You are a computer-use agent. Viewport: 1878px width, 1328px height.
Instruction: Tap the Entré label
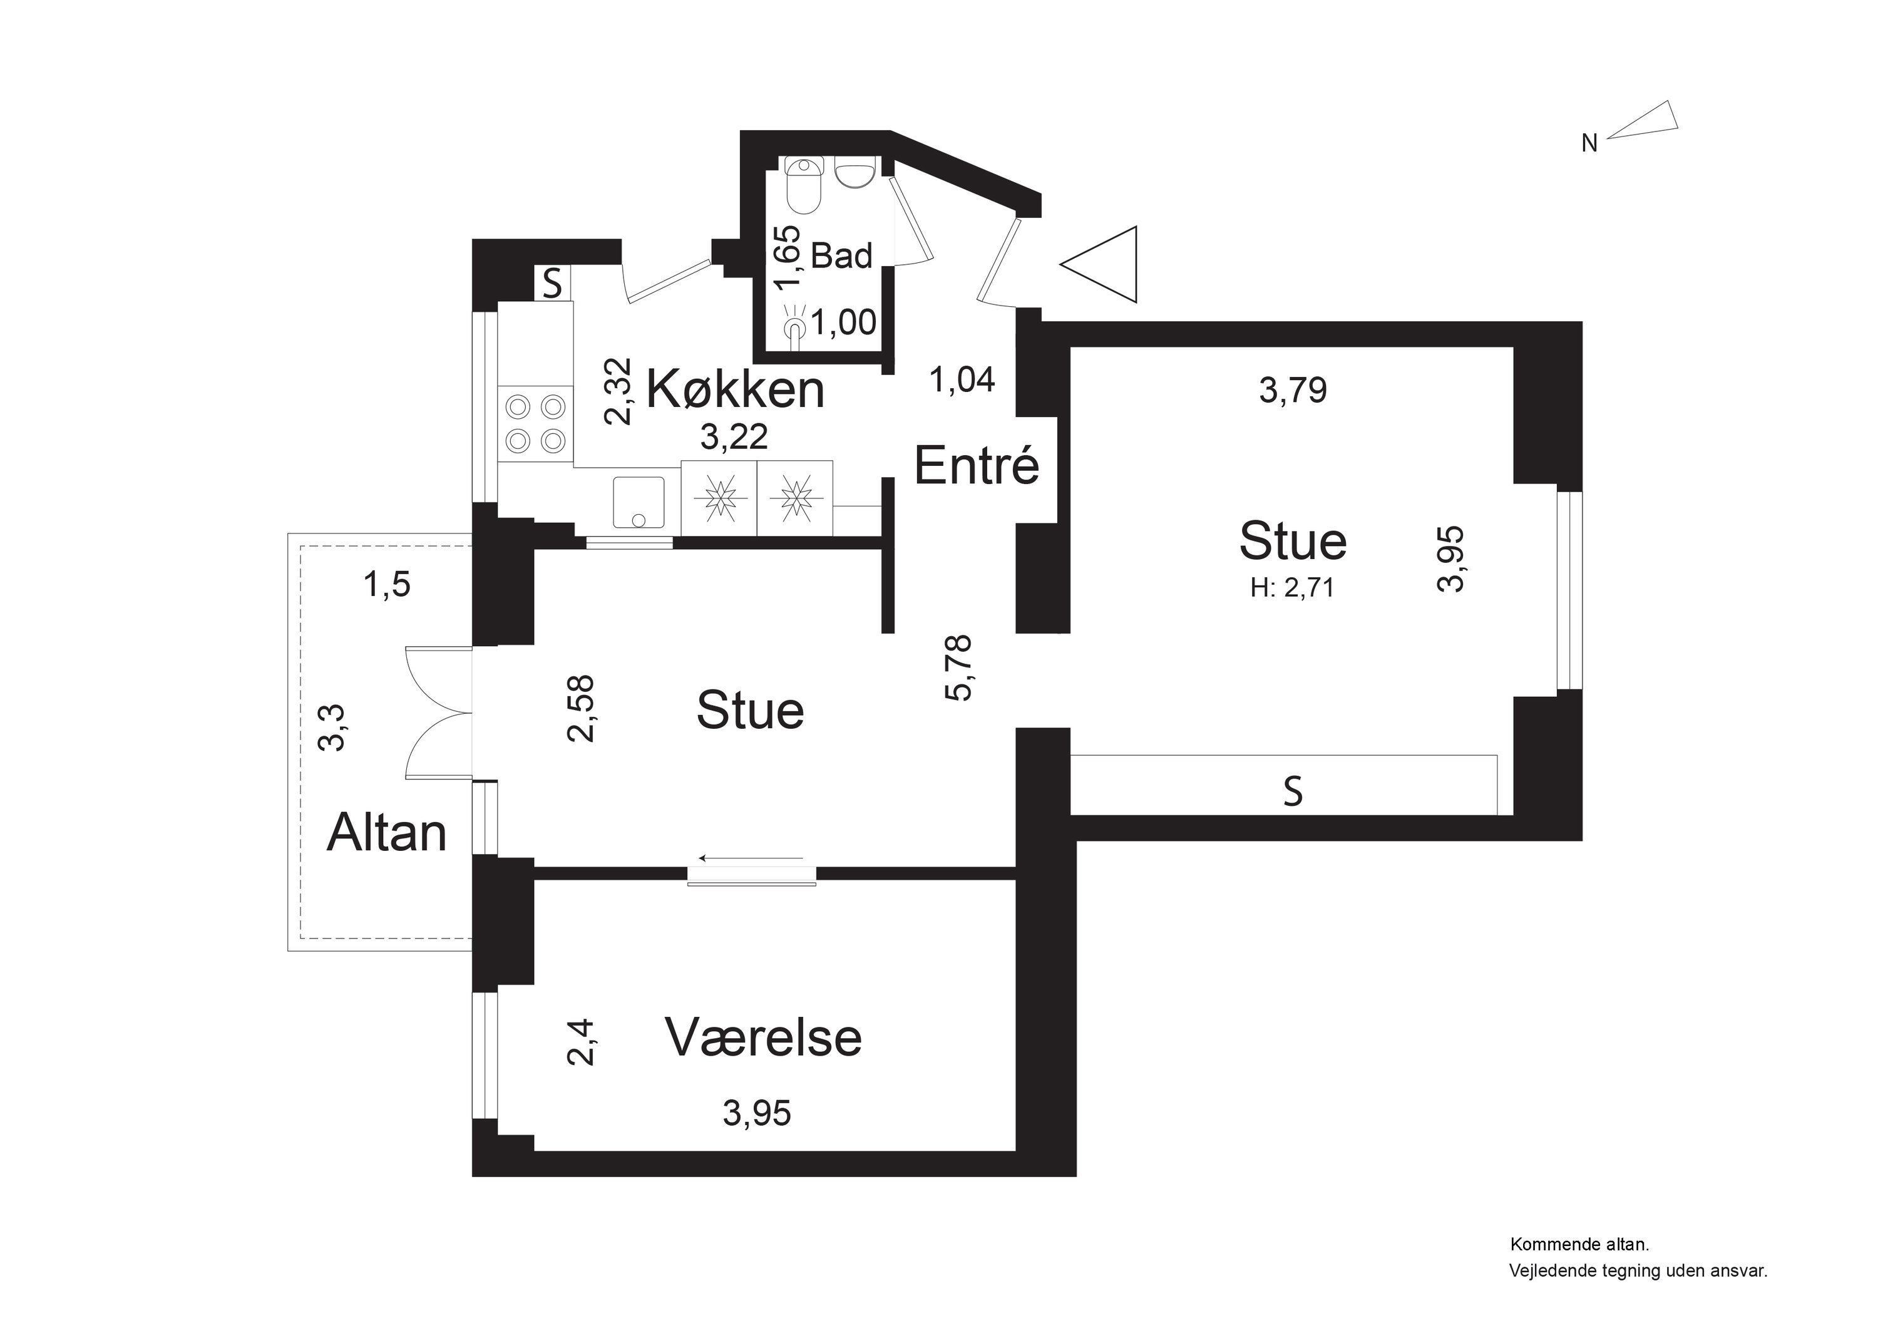click(x=976, y=466)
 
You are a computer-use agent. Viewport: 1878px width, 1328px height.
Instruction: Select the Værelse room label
click(x=763, y=1037)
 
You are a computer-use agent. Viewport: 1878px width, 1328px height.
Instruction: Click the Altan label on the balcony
click(x=386, y=834)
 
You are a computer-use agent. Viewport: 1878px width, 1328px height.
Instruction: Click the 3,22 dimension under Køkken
click(x=734, y=437)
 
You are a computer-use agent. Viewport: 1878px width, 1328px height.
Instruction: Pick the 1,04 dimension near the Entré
click(x=962, y=379)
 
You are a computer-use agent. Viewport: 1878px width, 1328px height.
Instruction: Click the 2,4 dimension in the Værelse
click(x=581, y=1042)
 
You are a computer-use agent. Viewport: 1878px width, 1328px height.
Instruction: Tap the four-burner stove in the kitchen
click(x=536, y=424)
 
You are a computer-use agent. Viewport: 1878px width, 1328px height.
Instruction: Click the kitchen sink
click(x=638, y=502)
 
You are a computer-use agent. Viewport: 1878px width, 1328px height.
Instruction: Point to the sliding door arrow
click(x=751, y=858)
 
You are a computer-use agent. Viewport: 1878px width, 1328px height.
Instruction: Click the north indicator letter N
click(x=1588, y=144)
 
